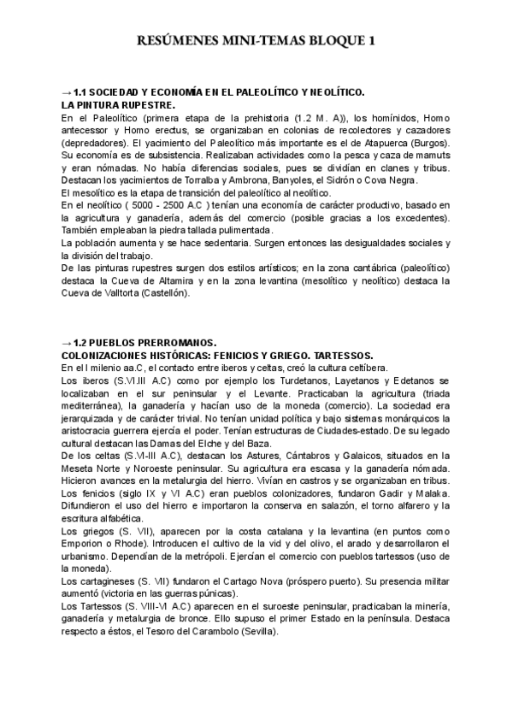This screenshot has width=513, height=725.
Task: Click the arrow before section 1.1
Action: tap(67, 91)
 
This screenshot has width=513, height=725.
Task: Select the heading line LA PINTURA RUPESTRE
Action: tap(111, 103)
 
